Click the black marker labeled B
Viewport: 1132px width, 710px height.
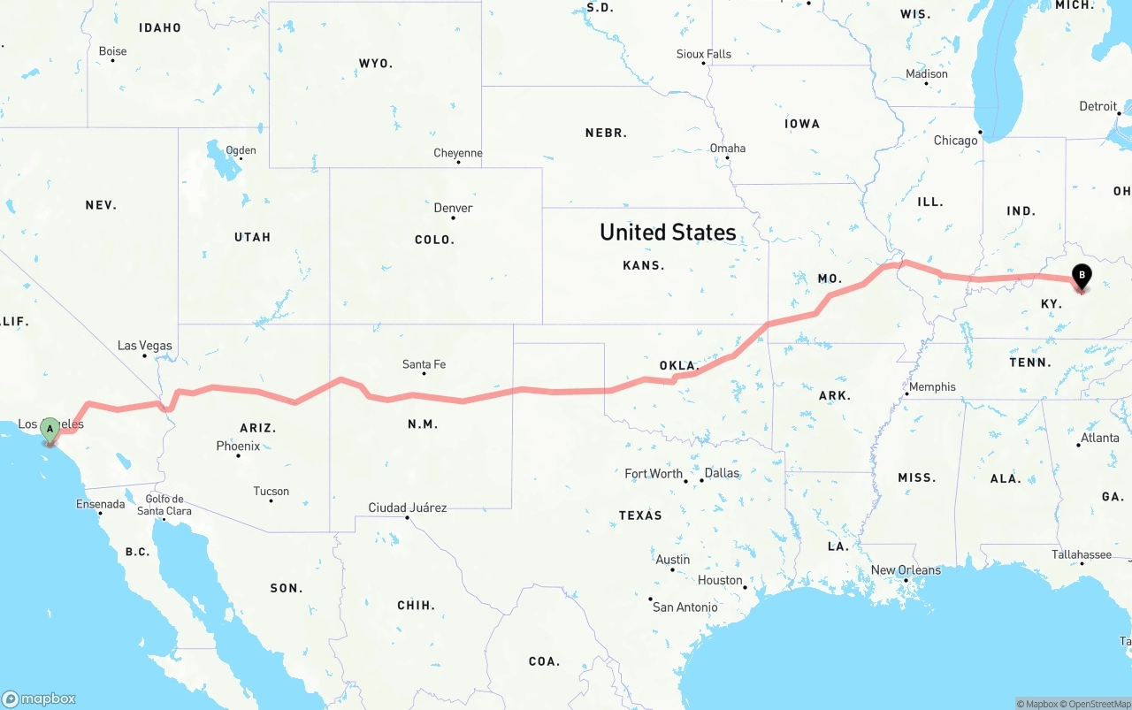click(x=1081, y=277)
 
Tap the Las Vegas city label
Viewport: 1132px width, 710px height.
click(x=145, y=346)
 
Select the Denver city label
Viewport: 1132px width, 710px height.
click(x=453, y=208)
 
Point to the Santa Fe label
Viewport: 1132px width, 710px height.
click(x=424, y=364)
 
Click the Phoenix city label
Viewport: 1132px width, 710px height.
click(x=238, y=447)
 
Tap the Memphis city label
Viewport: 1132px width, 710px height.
click(x=932, y=386)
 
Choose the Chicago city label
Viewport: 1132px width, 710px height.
click(x=956, y=141)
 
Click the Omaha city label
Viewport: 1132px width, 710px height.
click(x=728, y=148)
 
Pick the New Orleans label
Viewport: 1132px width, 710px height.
click(x=906, y=570)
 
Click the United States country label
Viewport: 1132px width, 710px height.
click(x=668, y=233)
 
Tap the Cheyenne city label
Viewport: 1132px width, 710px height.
click(x=458, y=153)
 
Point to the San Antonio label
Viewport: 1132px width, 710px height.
click(x=685, y=607)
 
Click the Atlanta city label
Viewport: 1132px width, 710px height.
click(x=1099, y=438)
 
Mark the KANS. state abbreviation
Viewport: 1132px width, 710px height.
click(x=644, y=265)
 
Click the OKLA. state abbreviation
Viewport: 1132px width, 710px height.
click(x=679, y=365)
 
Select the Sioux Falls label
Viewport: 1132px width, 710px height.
click(x=704, y=54)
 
